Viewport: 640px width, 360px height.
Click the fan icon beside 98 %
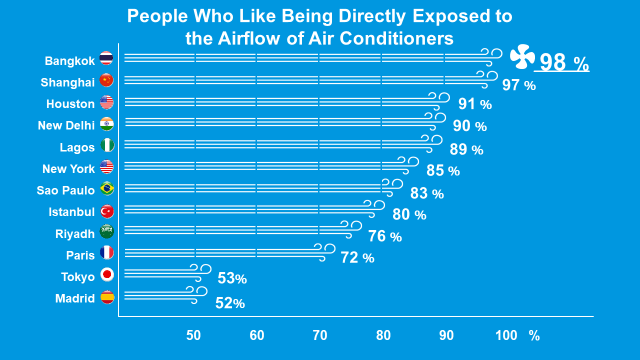click(522, 56)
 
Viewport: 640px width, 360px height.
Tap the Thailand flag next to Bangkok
click(106, 58)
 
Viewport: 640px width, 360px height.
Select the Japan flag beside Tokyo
click(107, 274)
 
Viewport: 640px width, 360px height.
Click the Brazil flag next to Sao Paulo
click(107, 188)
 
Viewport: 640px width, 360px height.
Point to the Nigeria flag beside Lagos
click(107, 145)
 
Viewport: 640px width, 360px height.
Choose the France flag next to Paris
click(107, 252)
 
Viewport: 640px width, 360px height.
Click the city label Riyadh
click(75, 234)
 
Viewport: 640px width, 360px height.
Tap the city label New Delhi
click(66, 125)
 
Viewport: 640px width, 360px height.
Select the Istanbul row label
click(71, 212)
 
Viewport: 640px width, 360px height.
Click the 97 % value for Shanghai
click(518, 85)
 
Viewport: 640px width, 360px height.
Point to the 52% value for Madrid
click(229, 303)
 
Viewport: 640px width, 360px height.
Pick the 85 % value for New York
click(442, 171)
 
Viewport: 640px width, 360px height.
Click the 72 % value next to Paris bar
click(357, 258)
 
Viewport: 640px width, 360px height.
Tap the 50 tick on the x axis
click(193, 335)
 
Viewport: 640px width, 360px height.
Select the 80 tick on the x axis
click(383, 335)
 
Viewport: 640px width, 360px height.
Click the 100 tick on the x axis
click(506, 335)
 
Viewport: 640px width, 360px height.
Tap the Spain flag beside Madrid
click(107, 297)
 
